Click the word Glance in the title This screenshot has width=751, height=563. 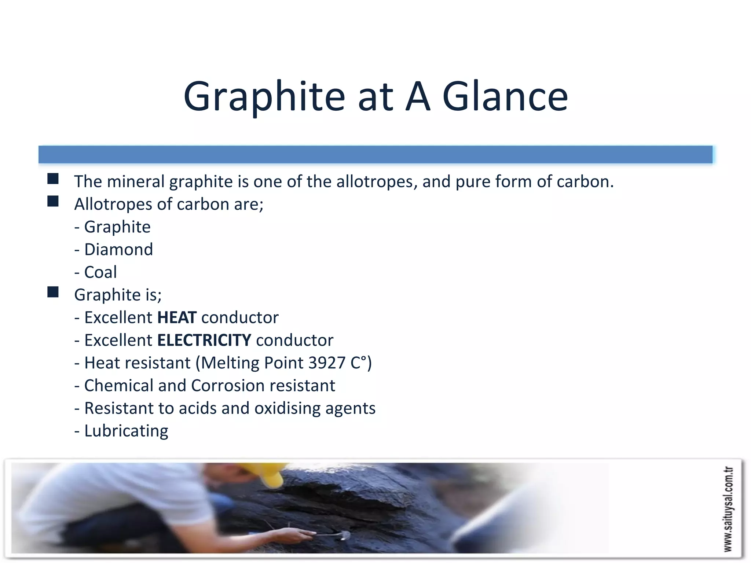pos(505,96)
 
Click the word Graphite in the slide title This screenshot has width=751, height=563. pos(264,96)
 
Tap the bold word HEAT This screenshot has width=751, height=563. pos(177,317)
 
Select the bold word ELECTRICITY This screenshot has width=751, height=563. pos(204,340)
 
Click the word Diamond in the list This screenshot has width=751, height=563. pos(118,250)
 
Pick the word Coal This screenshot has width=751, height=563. pos(100,272)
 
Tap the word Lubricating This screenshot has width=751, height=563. pos(126,431)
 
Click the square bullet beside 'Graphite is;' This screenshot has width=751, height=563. pos(53,292)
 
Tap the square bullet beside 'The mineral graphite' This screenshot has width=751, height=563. pos(53,179)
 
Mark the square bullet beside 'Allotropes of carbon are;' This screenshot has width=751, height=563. pos(53,201)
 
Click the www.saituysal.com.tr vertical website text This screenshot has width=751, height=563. pos(728,509)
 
